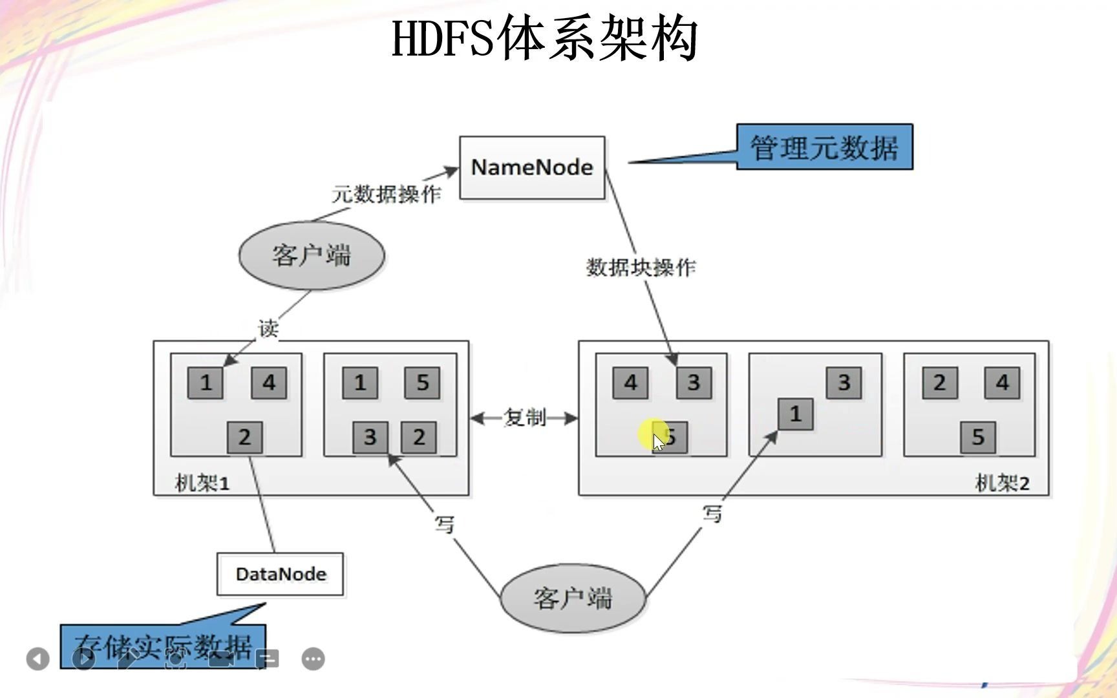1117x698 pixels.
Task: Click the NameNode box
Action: [532, 167]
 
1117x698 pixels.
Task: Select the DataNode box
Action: [281, 574]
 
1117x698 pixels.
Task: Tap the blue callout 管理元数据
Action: [824, 147]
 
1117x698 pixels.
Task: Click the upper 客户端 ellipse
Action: [312, 255]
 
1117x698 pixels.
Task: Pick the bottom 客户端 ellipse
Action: [573, 598]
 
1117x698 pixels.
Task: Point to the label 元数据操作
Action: [387, 194]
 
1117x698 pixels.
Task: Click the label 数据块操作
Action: [641, 267]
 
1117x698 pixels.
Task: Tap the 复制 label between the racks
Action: [524, 418]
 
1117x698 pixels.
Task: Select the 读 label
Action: [268, 328]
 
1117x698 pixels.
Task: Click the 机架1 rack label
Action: [202, 483]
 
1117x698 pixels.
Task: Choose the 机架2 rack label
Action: [1001, 483]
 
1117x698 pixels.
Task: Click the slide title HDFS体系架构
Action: [545, 39]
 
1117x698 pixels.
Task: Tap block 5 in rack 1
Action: [422, 383]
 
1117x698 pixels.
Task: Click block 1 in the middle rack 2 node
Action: [795, 414]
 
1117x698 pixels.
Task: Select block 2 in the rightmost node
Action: [939, 383]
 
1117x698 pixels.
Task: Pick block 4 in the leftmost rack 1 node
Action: [269, 383]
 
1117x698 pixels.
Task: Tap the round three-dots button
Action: [314, 659]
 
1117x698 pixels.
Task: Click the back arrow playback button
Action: [38, 659]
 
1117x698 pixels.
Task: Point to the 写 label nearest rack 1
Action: [445, 523]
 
